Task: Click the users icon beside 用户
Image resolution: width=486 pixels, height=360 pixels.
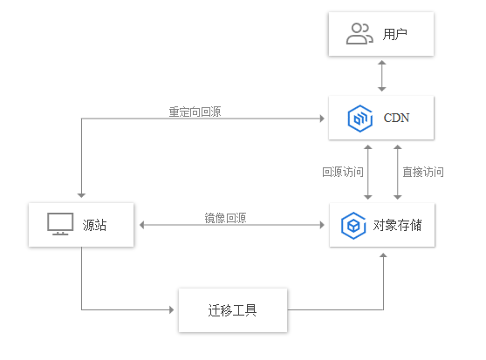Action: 359,34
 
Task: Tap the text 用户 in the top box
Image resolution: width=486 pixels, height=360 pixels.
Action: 395,34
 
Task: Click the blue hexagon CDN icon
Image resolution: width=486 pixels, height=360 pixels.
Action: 359,119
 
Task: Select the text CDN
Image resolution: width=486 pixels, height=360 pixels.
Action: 396,118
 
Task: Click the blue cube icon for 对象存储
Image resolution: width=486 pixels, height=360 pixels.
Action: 353,226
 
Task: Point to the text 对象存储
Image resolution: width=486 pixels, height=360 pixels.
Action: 397,226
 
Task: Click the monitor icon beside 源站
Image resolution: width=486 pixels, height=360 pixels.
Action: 60,224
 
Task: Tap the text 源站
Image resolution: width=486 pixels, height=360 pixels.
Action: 94,225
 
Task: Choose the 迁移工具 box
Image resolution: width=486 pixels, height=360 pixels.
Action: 233,310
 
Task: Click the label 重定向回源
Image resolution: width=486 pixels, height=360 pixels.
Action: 195,112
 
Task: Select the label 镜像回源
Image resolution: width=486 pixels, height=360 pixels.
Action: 225,218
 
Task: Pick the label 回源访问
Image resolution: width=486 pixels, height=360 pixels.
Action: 343,172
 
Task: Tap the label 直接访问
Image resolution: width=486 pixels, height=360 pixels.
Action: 423,172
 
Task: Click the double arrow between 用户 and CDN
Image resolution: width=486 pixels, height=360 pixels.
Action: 382,76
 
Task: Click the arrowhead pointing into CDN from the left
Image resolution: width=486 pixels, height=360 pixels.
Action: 322,119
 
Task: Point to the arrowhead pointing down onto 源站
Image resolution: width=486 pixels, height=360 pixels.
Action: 81,195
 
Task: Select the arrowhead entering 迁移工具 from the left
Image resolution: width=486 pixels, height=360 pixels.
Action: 172,309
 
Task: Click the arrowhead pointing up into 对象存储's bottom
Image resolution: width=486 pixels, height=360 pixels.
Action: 383,255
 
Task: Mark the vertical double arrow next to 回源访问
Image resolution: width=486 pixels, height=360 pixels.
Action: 368,172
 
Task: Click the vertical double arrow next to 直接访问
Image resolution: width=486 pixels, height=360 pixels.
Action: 398,172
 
